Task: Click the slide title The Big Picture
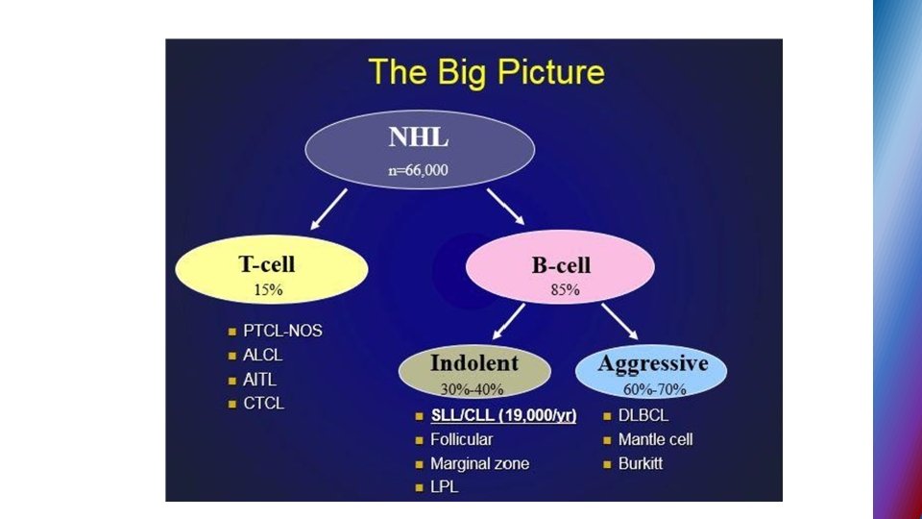click(487, 72)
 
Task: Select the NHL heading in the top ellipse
click(419, 137)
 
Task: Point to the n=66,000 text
click(419, 171)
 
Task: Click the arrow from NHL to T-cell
click(327, 209)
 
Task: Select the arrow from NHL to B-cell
click(505, 207)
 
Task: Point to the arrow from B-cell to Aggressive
click(619, 321)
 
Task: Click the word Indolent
click(473, 363)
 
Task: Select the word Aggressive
click(652, 363)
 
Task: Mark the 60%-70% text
click(653, 389)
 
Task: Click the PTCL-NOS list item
click(281, 331)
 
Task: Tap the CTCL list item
click(263, 404)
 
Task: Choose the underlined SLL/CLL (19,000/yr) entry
click(502, 416)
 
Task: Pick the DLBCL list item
click(643, 416)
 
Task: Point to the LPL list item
click(444, 488)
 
